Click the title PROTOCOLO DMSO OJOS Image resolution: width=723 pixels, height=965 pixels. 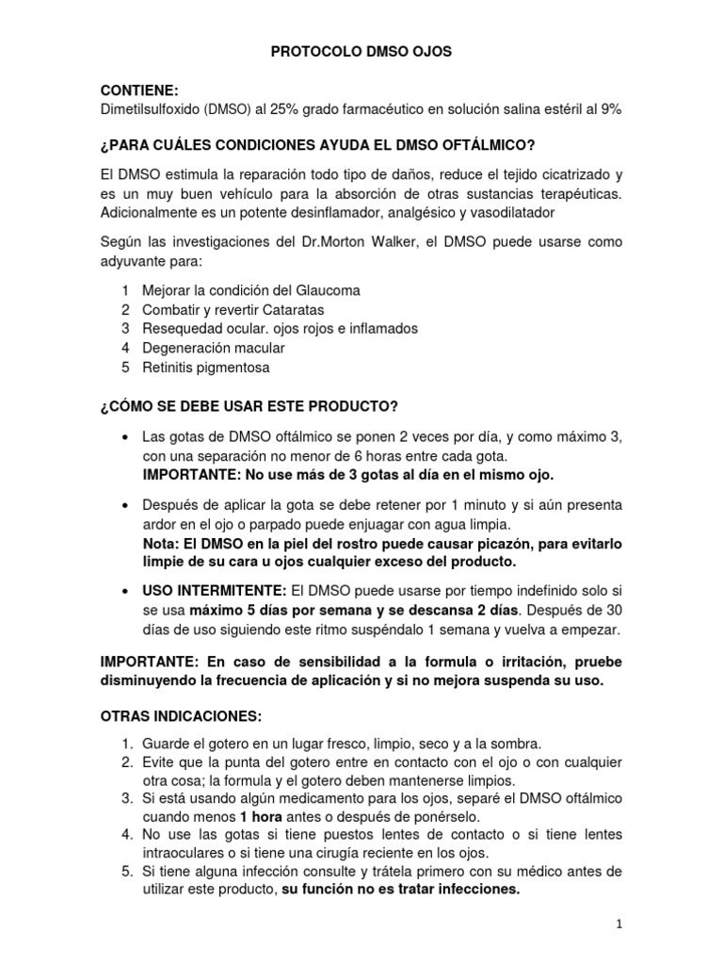[x=361, y=53]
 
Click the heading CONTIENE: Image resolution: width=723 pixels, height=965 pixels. [x=138, y=90]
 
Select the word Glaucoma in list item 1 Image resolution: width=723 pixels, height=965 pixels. [x=327, y=291]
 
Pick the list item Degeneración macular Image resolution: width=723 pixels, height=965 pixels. [x=213, y=348]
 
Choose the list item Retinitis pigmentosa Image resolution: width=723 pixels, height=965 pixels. [x=206, y=368]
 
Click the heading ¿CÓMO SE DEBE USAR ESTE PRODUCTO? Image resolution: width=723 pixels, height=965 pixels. [x=249, y=406]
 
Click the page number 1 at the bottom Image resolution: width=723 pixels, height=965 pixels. [x=619, y=924]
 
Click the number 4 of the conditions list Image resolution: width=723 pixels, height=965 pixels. [x=125, y=348]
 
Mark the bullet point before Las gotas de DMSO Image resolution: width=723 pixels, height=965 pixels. [x=125, y=438]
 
